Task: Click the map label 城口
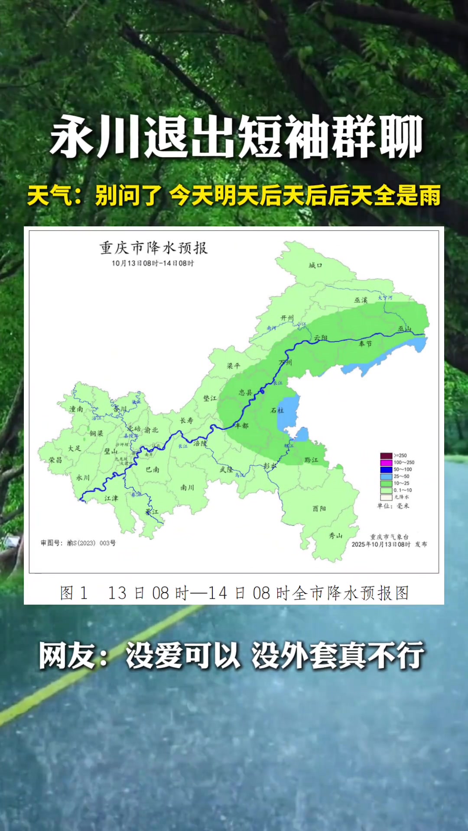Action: point(315,265)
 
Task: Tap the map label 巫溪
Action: point(361,300)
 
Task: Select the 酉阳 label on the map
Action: point(319,509)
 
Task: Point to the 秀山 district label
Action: point(335,536)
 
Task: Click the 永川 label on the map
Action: point(83,478)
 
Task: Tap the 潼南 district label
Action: point(76,409)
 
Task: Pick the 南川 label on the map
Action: point(187,488)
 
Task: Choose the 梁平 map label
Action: point(234,366)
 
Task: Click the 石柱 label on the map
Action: point(277,410)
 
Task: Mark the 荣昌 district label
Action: point(55,460)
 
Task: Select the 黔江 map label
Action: point(311,460)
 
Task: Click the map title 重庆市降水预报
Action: point(153,248)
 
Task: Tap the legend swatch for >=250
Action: point(386,456)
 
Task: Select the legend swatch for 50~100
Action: point(386,470)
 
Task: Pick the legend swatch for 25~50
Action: point(386,477)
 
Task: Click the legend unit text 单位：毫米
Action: point(393,506)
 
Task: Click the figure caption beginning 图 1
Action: point(234,593)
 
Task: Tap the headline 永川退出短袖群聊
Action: point(236,137)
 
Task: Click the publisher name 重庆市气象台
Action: point(389,537)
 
